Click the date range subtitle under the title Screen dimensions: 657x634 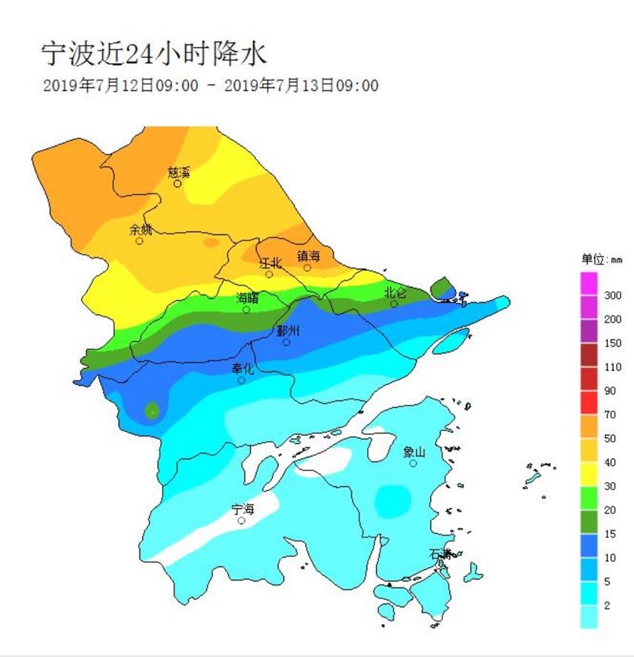[211, 86]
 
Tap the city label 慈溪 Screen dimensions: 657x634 [179, 172]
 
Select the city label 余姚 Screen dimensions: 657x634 [141, 229]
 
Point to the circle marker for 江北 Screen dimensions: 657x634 [269, 274]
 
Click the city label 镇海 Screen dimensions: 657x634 [308, 256]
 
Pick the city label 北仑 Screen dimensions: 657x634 [395, 292]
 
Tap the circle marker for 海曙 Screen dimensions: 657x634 [247, 309]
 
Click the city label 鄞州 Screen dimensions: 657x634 [287, 331]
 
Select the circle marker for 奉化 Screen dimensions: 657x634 [242, 380]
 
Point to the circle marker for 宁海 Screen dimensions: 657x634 [242, 521]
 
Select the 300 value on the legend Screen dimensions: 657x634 [612, 295]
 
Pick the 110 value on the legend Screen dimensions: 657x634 [612, 367]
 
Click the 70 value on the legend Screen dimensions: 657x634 [610, 415]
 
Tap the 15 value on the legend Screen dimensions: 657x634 [610, 534]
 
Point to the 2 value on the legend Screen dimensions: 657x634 [607, 606]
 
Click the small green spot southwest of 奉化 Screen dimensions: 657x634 [152, 410]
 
